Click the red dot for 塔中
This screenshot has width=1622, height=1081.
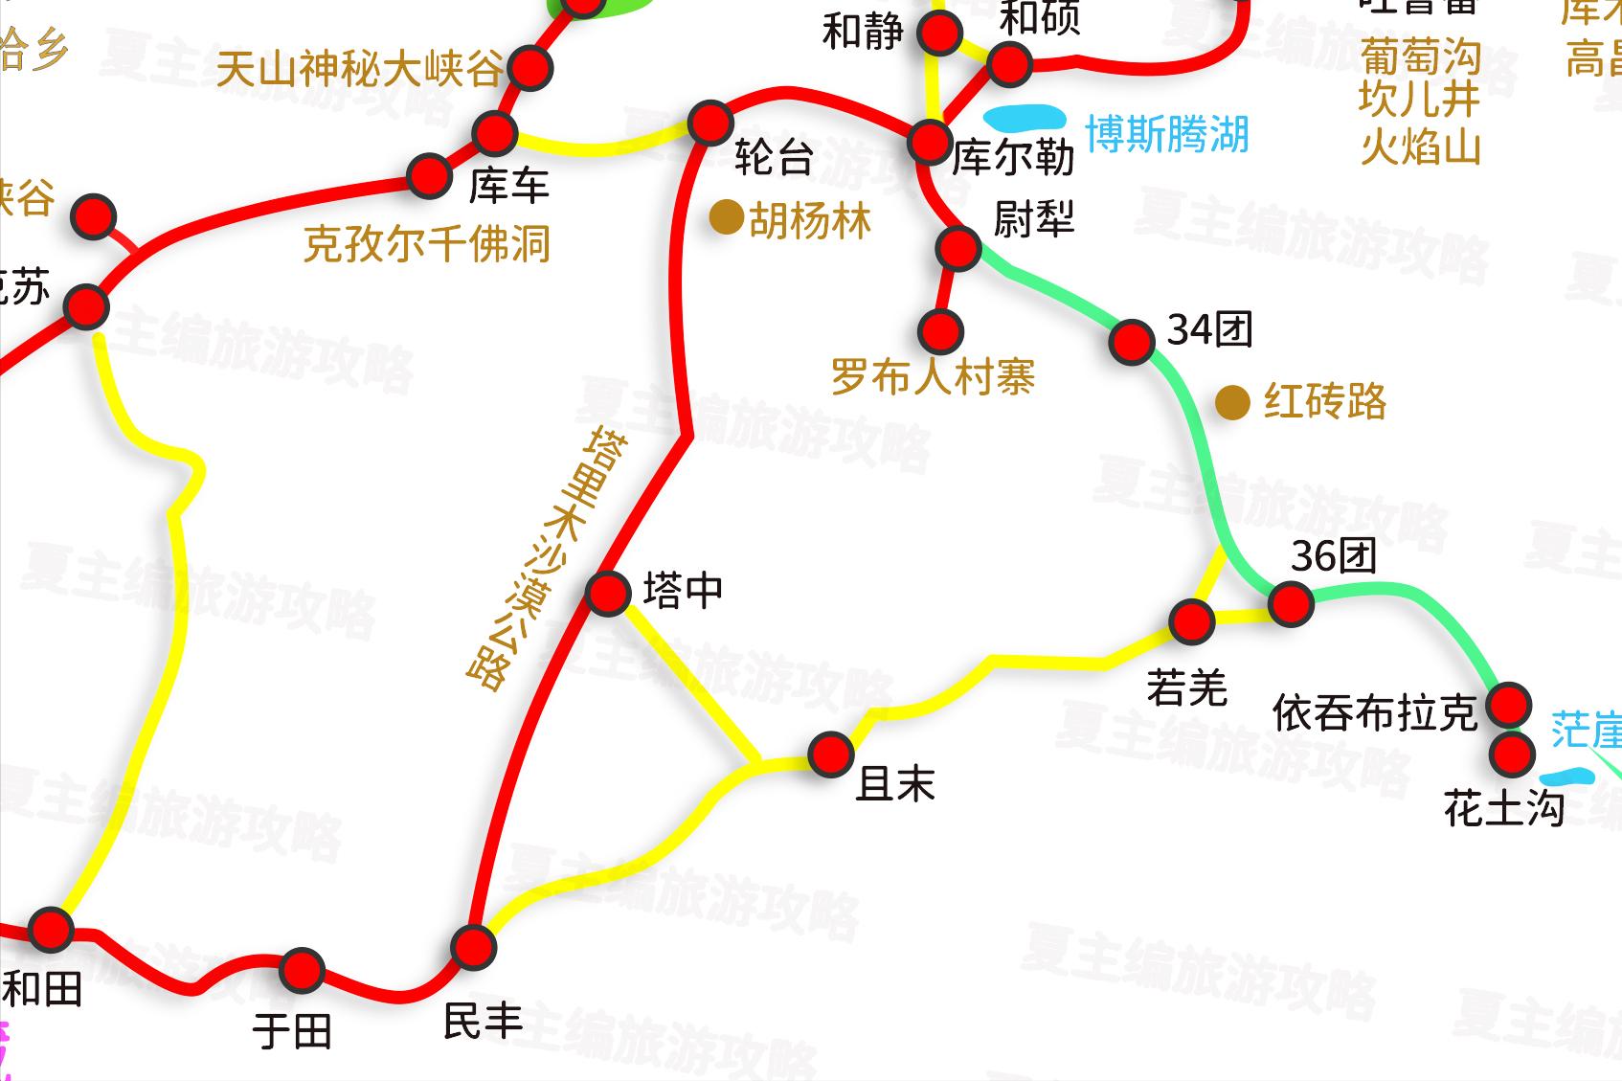[607, 594]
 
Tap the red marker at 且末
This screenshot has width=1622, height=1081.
[830, 754]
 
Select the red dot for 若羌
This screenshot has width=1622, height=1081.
[1192, 621]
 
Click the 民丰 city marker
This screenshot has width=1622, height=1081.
[473, 947]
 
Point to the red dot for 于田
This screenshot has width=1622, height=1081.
[302, 971]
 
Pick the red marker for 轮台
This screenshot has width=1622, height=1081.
[710, 123]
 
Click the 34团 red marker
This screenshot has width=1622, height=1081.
[1132, 341]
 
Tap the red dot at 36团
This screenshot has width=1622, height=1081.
[1290, 604]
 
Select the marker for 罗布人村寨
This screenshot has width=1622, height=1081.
[940, 331]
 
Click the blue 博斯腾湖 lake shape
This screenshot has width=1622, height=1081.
[1025, 119]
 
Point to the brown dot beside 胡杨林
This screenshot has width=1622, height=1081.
[726, 218]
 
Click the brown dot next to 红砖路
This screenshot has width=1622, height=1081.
[1232, 402]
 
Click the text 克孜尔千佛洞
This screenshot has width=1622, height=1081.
[427, 244]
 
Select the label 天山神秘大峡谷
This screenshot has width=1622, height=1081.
[359, 69]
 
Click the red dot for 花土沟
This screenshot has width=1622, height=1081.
[1513, 754]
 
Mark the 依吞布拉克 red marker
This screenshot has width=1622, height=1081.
[1509, 705]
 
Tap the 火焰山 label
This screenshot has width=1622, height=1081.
[1420, 148]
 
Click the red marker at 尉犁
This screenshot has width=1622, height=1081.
[957, 248]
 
